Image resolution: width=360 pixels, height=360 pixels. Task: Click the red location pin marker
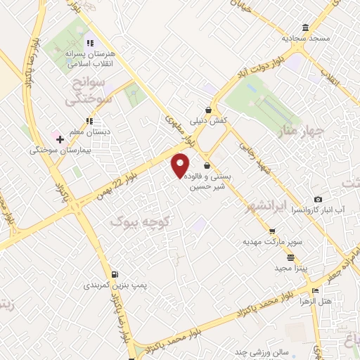pyautogui.click(x=181, y=164)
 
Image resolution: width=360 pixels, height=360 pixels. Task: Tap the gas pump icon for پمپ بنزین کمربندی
pyautogui.click(x=115, y=274)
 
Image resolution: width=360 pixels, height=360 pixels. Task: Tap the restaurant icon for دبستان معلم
pyautogui.click(x=89, y=120)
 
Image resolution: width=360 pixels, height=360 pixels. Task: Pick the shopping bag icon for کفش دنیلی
pyautogui.click(x=208, y=109)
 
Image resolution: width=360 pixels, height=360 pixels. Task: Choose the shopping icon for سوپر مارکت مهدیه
pyautogui.click(x=272, y=231)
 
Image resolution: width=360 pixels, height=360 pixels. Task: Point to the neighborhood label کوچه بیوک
pyautogui.click(x=141, y=221)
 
